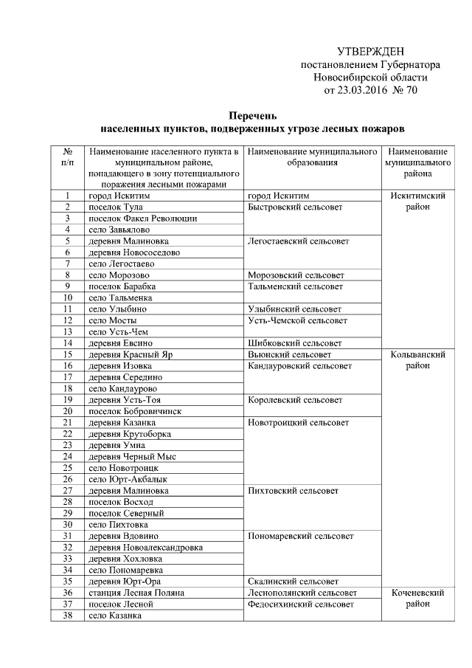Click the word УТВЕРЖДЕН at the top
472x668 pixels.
point(370,52)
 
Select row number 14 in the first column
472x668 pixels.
point(67,343)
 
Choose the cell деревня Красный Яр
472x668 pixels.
point(125,354)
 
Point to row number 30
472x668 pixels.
point(67,524)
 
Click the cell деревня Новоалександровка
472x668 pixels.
point(145,547)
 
